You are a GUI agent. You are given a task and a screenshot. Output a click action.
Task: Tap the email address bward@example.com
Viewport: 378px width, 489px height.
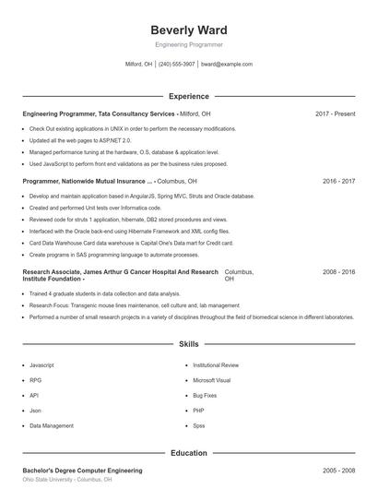tap(226, 65)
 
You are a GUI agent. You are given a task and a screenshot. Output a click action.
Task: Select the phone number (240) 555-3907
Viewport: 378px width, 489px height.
tap(177, 65)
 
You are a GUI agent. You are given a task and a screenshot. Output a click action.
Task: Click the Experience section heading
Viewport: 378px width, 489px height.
tap(188, 96)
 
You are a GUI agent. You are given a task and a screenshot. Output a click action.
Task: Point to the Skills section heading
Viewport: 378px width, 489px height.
tap(188, 343)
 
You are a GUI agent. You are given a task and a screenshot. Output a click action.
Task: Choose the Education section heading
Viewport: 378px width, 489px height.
tap(188, 453)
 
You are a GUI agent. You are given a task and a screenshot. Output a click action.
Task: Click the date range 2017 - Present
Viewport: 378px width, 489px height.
tap(335, 113)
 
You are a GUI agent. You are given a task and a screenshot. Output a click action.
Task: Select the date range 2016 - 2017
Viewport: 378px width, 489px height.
tap(338, 182)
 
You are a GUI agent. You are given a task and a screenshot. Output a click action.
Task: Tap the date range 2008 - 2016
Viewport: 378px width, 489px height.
tap(338, 273)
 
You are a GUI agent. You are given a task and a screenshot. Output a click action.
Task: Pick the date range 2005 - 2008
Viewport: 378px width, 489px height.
tap(338, 471)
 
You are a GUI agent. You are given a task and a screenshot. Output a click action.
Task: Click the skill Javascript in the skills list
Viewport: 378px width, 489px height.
tap(42, 365)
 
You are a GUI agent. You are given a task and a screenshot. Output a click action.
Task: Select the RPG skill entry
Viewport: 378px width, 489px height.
tap(36, 380)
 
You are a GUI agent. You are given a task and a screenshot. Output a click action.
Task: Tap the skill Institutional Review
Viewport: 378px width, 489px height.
tap(216, 365)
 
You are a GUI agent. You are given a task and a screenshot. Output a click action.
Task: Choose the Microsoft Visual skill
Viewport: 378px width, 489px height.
tap(211, 380)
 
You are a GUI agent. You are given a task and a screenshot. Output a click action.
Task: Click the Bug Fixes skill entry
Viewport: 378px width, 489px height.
tap(206, 395)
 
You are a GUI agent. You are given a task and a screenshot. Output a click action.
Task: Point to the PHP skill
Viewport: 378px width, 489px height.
tap(198, 411)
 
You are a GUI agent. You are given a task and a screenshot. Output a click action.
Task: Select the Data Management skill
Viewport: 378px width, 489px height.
tap(52, 425)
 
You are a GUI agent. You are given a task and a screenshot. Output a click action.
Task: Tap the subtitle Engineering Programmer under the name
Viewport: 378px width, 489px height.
tap(188, 44)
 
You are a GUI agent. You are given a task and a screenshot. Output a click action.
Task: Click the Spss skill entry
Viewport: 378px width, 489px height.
tap(199, 425)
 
